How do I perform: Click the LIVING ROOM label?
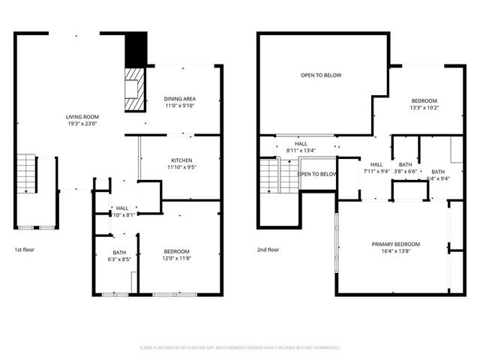pos(82,116)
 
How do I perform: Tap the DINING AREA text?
pos(179,99)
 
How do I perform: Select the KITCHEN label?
pos(181,160)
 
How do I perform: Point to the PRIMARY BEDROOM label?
pos(396,244)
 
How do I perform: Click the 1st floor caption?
pos(24,250)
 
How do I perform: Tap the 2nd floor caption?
pos(268,250)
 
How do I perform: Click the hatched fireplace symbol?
pos(133,88)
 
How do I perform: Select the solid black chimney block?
pos(135,50)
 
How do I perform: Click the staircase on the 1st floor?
pos(27,173)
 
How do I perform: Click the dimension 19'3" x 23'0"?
pos(82,124)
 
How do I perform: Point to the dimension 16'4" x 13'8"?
pos(396,252)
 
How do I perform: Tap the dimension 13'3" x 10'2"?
pos(424,108)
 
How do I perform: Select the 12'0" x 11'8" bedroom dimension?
pos(176,259)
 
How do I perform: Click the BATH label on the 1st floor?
pos(119,252)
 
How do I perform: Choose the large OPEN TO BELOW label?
pos(321,75)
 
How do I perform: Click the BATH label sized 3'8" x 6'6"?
pos(406,164)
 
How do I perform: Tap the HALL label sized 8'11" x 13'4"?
pos(301,143)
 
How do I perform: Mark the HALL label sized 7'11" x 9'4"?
pos(376,164)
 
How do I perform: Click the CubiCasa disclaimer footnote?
pos(240,347)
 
